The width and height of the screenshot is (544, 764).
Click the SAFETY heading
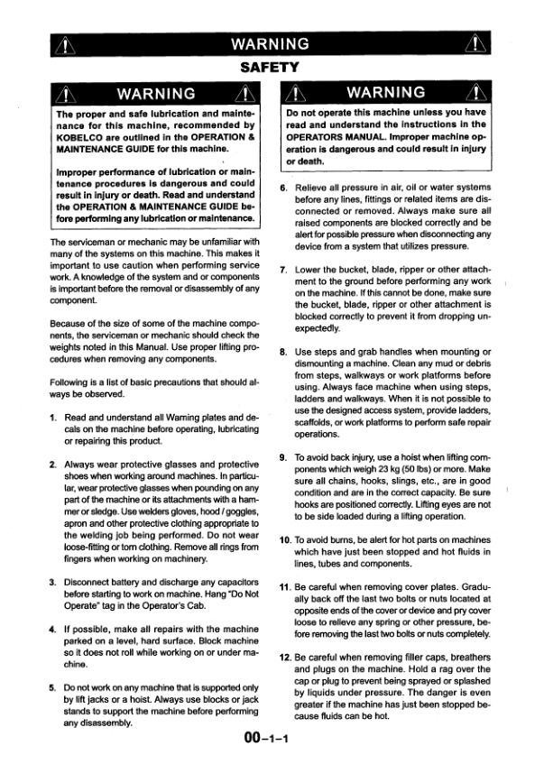(272, 66)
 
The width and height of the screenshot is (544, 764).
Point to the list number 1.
(53, 418)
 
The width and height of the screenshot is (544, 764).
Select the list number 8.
(282, 351)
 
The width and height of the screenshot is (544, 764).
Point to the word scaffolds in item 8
(316, 421)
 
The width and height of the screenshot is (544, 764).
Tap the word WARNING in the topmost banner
(272, 44)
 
